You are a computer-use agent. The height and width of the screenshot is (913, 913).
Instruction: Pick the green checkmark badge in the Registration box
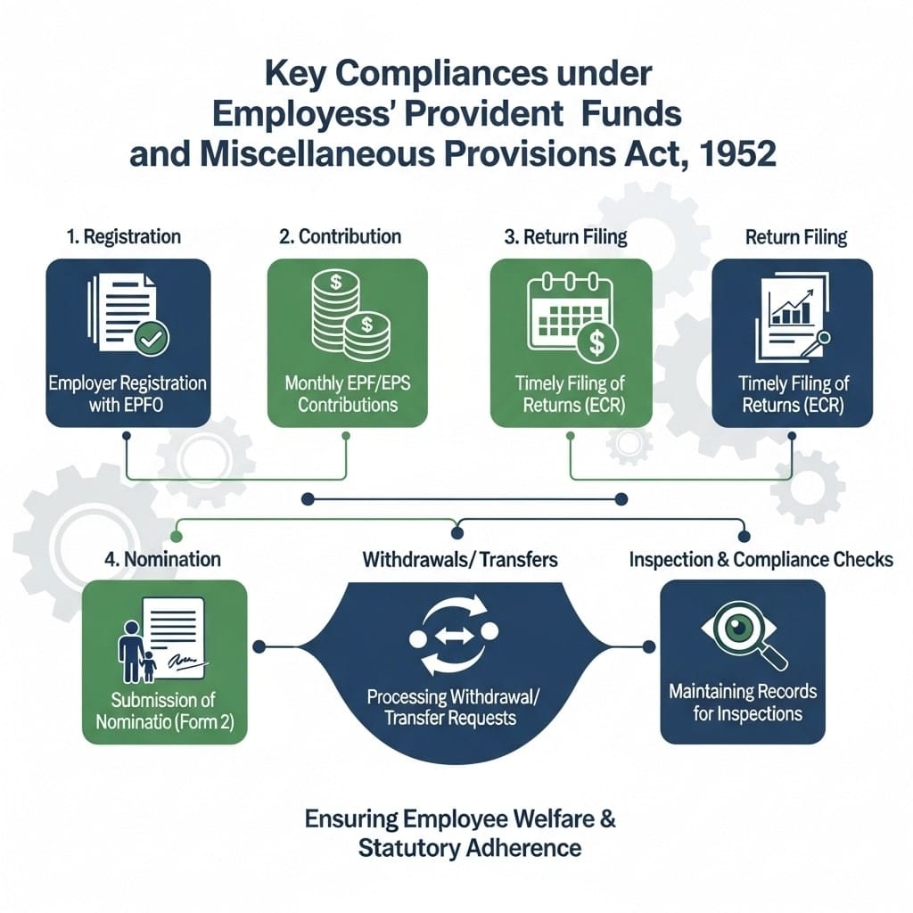pos(150,338)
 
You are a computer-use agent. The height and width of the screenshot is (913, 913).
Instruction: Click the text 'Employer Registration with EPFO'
pos(127,393)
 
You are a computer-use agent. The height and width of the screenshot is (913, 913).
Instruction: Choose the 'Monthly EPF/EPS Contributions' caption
pos(348,393)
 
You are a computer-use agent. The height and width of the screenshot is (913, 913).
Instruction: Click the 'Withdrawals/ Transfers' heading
pos(460,560)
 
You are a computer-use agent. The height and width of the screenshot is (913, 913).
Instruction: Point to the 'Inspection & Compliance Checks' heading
pos(761,560)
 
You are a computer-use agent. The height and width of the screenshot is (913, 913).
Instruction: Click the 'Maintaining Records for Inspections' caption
pos(743,703)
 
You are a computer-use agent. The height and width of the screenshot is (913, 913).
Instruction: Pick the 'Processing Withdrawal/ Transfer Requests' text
pos(455,706)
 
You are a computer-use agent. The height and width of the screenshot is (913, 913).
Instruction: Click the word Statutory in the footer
pos(408,846)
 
